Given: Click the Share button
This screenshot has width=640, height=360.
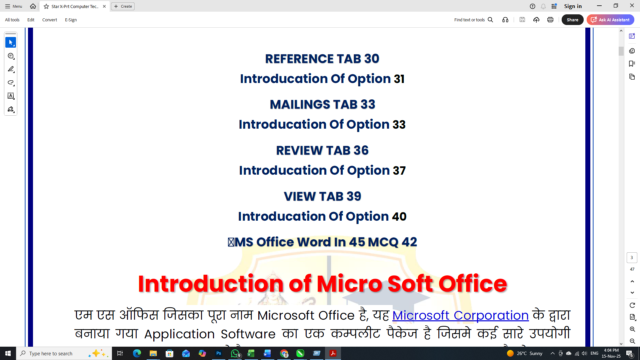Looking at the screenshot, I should pyautogui.click(x=572, y=20).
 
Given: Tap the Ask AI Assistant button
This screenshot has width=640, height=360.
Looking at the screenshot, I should pyautogui.click(x=610, y=20).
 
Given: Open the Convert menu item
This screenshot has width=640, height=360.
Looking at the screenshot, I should pyautogui.click(x=49, y=20).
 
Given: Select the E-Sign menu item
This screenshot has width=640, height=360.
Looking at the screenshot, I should pyautogui.click(x=71, y=20).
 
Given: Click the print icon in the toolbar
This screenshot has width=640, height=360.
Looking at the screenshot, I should pyautogui.click(x=550, y=20).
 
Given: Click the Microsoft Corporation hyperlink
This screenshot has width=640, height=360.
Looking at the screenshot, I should pyautogui.click(x=460, y=315).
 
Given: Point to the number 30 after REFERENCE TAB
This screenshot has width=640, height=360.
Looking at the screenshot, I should pyautogui.click(x=371, y=59).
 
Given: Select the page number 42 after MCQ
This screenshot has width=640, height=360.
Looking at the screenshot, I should pyautogui.click(x=409, y=242).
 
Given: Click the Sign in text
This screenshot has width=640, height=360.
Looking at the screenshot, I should pyautogui.click(x=573, y=6).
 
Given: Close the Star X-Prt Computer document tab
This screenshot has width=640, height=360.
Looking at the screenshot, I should pyautogui.click(x=104, y=6).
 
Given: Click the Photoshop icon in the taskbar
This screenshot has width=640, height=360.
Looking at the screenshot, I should pyautogui.click(x=219, y=353).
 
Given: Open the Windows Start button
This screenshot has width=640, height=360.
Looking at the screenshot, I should pyautogui.click(x=8, y=353).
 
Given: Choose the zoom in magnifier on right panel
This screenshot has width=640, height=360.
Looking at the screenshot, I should pyautogui.click(x=632, y=329).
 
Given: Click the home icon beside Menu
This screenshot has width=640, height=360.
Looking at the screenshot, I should pyautogui.click(x=33, y=6).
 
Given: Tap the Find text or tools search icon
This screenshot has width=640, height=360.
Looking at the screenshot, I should pyautogui.click(x=490, y=20).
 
